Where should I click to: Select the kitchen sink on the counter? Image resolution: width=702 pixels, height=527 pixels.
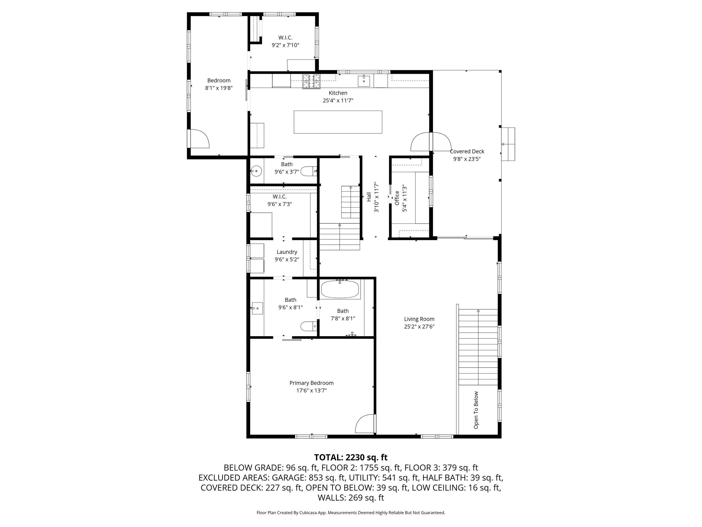click(x=364, y=81)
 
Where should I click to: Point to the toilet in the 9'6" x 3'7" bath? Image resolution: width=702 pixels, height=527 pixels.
click(x=308, y=172)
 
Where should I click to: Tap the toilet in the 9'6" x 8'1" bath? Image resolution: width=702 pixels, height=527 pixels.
click(x=308, y=326)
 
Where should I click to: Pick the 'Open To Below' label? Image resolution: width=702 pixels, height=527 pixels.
click(x=476, y=410)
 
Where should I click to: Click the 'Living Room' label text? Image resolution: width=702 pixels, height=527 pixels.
click(x=419, y=319)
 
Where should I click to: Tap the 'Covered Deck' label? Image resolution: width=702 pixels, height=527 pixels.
click(x=467, y=152)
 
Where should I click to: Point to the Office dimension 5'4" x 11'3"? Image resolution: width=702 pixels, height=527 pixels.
click(x=404, y=198)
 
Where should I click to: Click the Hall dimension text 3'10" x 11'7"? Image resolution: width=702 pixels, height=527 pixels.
click(x=377, y=197)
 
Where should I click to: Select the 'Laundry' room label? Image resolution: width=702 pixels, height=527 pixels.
click(x=287, y=252)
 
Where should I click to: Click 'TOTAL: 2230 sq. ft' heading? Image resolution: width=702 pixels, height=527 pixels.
click(x=351, y=457)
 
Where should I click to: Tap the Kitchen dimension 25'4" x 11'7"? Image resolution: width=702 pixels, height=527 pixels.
click(x=338, y=101)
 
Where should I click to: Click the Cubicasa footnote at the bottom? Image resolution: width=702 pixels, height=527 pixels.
click(x=351, y=512)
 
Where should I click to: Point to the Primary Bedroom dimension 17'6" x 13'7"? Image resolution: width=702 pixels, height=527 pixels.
click(x=312, y=390)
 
